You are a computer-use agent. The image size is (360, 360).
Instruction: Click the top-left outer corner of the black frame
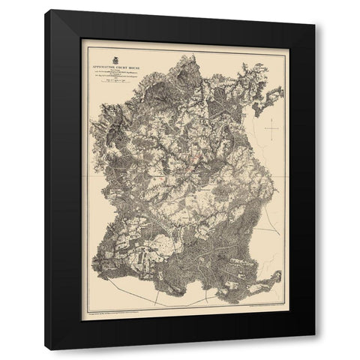pos(45,10)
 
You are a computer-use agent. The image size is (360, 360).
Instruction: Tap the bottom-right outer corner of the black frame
pos(315,350)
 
